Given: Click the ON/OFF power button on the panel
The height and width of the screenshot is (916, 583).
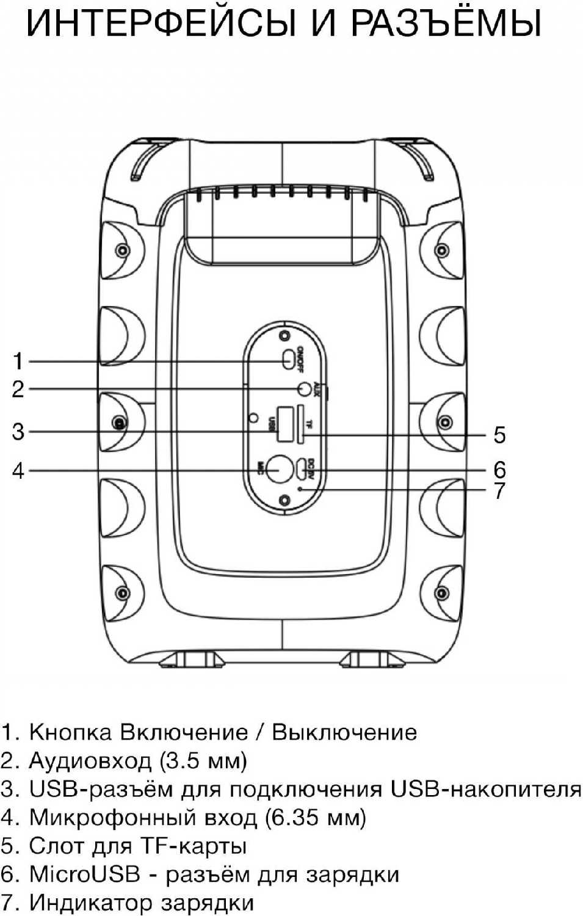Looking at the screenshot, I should click(288, 360).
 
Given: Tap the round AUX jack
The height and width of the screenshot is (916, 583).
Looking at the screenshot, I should click(303, 388).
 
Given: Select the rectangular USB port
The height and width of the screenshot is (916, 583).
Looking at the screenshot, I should click(283, 424).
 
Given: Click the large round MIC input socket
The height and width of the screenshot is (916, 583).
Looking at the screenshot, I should click(280, 470).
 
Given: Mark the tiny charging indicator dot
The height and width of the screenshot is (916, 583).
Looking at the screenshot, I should click(299, 489).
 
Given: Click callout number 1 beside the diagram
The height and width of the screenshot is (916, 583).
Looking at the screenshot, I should click(18, 361).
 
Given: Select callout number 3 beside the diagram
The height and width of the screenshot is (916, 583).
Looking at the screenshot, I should click(18, 432).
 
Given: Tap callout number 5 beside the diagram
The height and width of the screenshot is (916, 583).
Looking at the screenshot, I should click(499, 435).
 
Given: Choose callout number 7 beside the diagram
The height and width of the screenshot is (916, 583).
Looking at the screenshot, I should click(499, 490).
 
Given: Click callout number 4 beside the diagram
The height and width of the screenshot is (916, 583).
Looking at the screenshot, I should click(18, 471).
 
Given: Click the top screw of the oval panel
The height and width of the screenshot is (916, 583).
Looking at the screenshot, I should click(283, 335).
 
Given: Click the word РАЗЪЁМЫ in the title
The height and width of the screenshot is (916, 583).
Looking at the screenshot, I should click(446, 23).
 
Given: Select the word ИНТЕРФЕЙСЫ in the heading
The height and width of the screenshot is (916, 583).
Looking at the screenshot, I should click(161, 23).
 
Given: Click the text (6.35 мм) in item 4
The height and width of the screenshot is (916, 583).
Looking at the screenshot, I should click(315, 818).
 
